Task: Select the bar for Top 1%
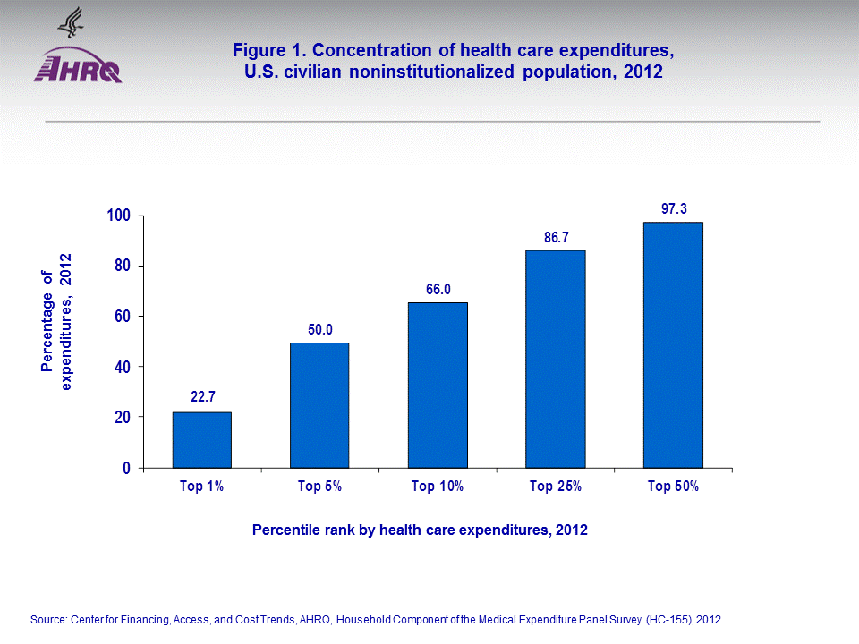201,439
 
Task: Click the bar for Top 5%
319,404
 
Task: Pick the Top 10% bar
438,385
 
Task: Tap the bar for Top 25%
556,359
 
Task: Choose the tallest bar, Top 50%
674,344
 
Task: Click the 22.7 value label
203,396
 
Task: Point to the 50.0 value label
320,329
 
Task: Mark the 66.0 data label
438,289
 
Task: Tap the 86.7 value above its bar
557,238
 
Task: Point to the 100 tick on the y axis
119,216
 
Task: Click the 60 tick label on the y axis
123,317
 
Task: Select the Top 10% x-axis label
438,487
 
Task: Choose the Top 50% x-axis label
674,487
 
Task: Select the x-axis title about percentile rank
420,530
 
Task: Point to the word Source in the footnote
49,619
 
